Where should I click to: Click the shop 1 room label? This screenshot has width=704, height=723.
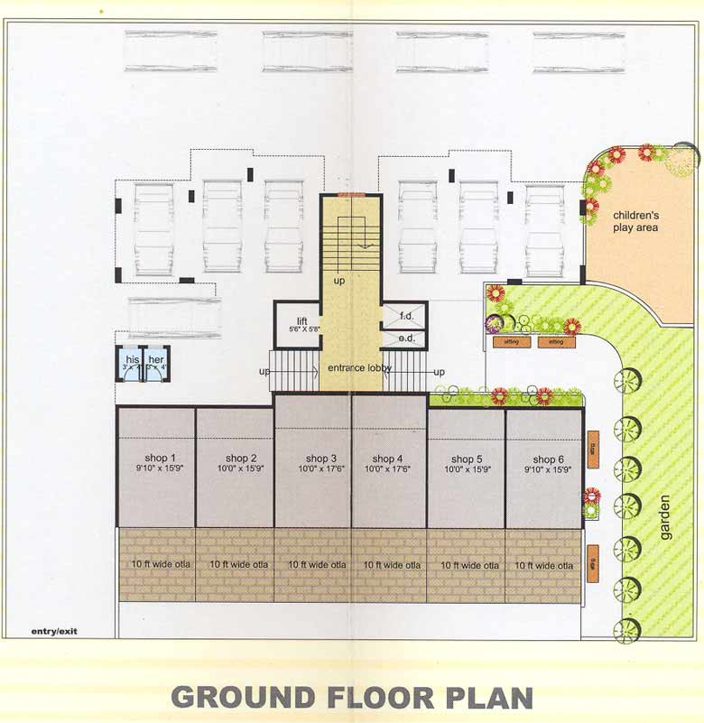pos(154,457)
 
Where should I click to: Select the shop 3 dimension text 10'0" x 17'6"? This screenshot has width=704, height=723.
pos(322,469)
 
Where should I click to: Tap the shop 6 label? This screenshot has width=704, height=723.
pos(543,459)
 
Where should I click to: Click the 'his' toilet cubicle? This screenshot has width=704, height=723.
pos(132,364)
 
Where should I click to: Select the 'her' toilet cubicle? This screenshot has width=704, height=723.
pos(157,364)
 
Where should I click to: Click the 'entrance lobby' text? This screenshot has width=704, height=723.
pos(352,368)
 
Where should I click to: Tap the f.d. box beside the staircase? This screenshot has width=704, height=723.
pos(405,316)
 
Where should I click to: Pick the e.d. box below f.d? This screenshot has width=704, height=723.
pos(405,338)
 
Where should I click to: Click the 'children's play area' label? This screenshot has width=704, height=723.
pos(635,221)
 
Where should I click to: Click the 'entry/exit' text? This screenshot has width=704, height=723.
pos(54,631)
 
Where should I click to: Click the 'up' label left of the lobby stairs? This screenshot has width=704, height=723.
pos(264,371)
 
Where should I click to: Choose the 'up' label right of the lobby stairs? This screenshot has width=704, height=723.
pos(439,371)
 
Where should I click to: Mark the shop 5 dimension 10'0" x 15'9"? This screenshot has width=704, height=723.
pos(467,469)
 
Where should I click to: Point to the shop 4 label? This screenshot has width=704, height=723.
pos(389,459)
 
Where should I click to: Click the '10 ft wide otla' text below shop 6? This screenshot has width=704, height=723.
pos(543,564)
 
